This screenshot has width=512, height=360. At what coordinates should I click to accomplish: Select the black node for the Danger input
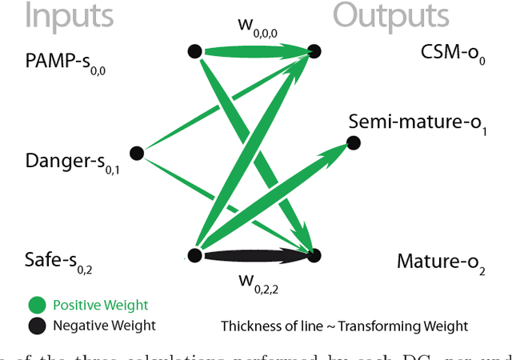tap(136, 152)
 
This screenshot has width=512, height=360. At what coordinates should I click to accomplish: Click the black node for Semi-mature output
tap(353, 143)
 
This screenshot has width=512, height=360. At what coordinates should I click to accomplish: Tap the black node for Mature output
tap(314, 255)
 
